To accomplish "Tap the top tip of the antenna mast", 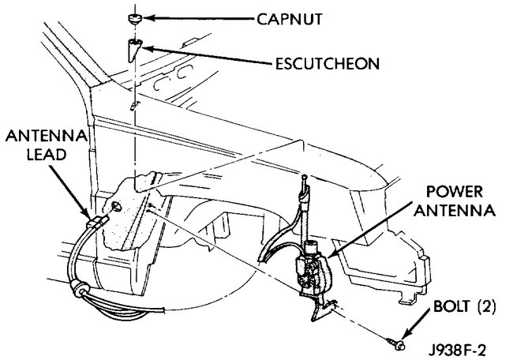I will click(x=302, y=181).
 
